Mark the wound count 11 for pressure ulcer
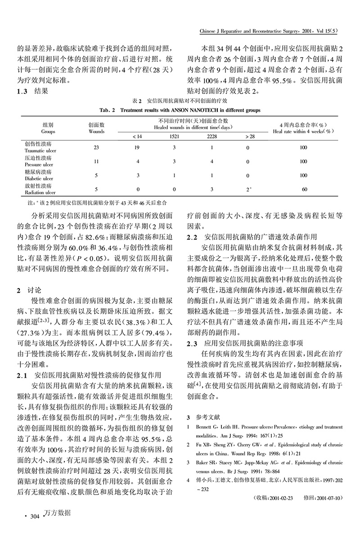(x=96, y=161)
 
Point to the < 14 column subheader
(x=137, y=136)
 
